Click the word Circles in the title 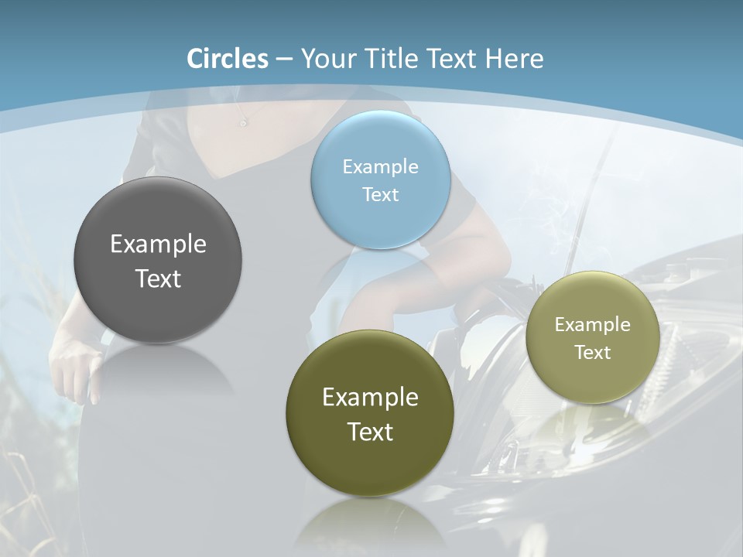228,59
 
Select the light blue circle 381,224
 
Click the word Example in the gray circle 158,244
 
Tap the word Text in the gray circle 158,278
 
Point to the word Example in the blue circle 381,167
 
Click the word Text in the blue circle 381,195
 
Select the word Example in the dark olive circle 370,398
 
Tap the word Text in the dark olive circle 370,432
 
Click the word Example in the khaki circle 593,325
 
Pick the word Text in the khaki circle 593,353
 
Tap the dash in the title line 284,60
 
